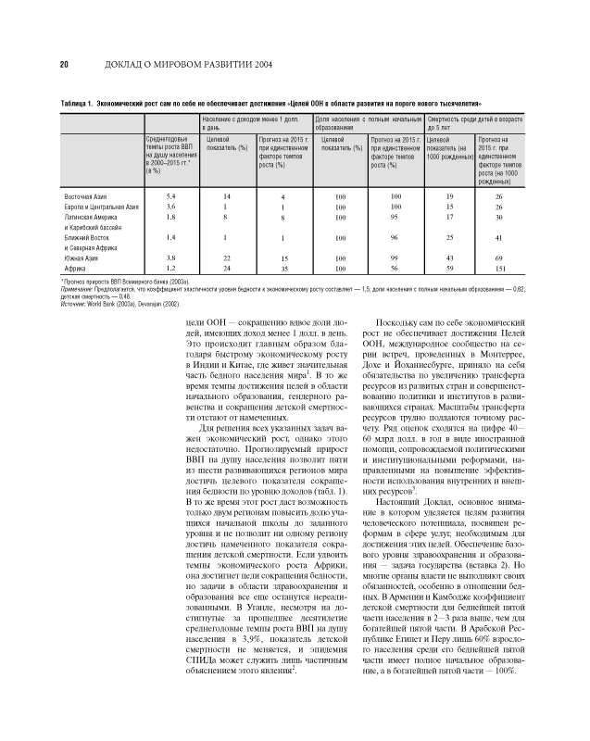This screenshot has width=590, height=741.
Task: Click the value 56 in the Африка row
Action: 395,267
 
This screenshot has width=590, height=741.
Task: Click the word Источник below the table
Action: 75,303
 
